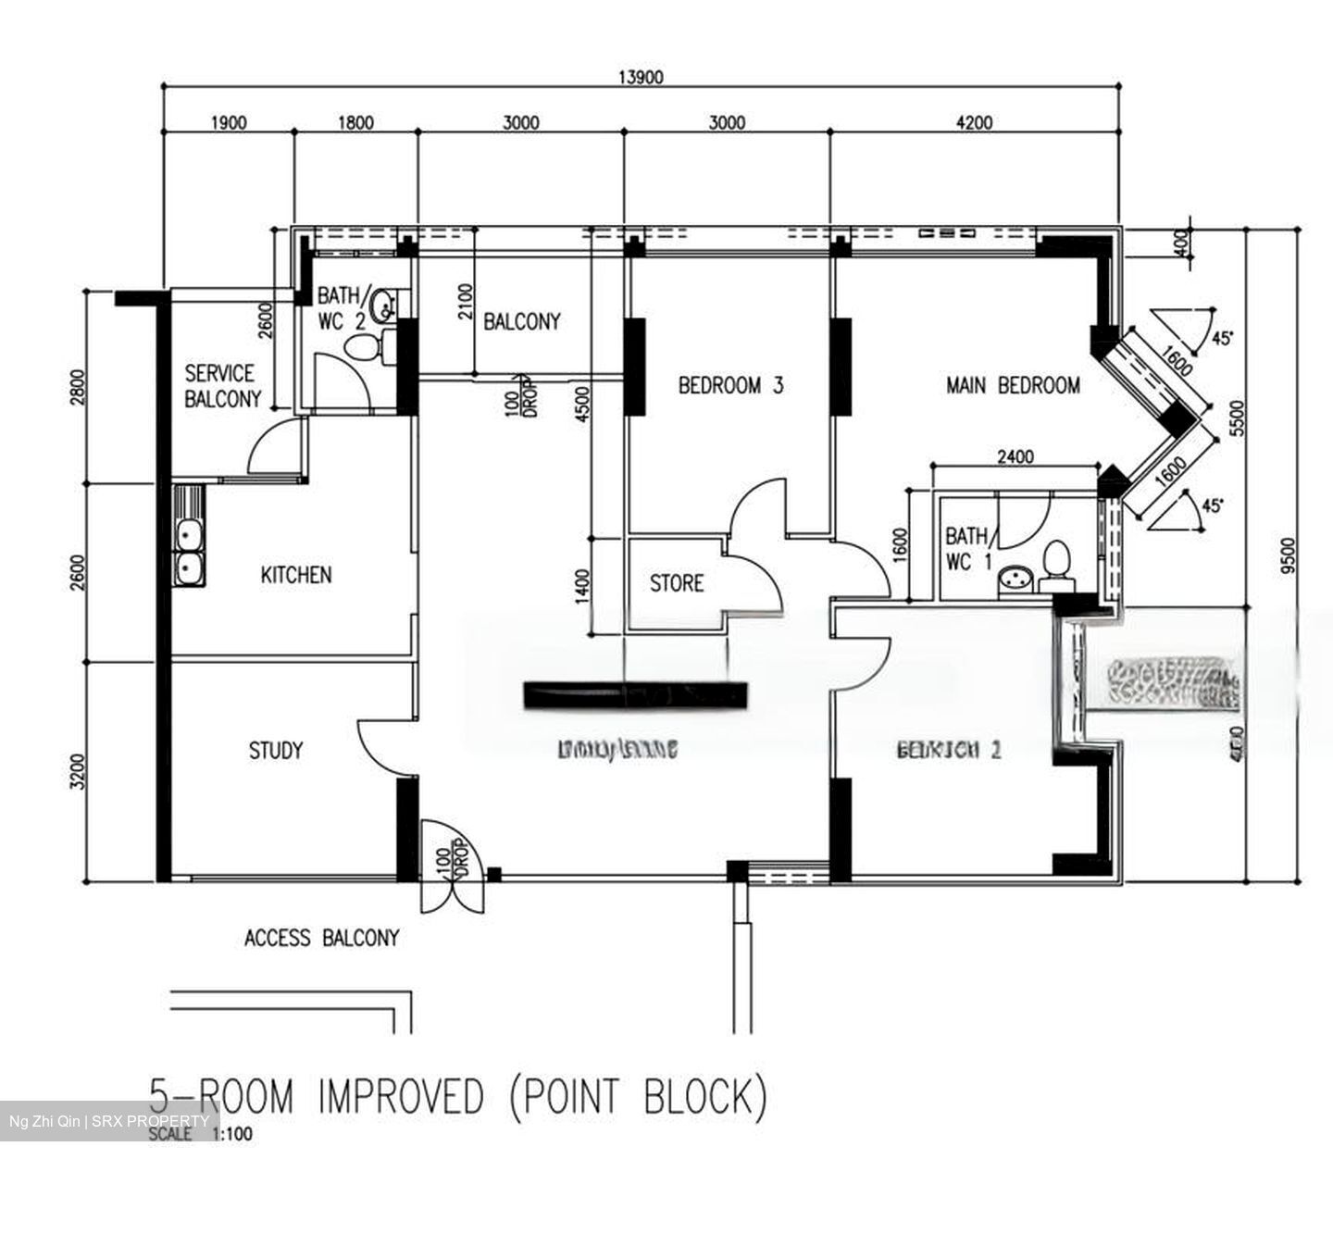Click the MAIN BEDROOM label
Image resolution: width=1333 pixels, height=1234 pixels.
click(1013, 385)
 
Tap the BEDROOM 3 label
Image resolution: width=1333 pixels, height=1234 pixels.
click(730, 385)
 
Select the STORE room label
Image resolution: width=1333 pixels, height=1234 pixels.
click(676, 583)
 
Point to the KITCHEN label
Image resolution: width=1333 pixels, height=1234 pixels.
click(295, 575)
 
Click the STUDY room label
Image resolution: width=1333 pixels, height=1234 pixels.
click(275, 750)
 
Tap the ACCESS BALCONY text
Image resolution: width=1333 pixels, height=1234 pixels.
click(321, 939)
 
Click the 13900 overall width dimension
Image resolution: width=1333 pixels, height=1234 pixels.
click(641, 78)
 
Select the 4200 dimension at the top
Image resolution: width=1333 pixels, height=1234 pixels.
click(973, 122)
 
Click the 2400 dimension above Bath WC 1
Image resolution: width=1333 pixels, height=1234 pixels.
click(1015, 456)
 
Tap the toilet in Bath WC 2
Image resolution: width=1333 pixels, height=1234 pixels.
click(362, 348)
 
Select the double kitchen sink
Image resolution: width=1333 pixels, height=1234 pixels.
click(189, 552)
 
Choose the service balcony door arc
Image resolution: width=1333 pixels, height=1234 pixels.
click(273, 446)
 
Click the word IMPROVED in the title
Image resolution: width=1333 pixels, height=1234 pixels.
click(400, 1098)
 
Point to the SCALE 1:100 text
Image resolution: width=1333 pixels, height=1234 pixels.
click(199, 1134)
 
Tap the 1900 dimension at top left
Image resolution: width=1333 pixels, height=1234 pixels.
click(228, 122)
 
